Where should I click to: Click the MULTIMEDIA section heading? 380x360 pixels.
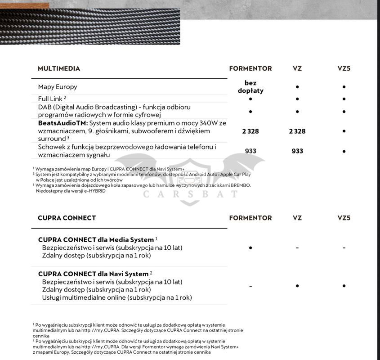point(59,69)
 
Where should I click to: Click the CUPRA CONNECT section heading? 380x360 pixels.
point(67,218)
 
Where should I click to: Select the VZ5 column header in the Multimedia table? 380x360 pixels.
point(344,69)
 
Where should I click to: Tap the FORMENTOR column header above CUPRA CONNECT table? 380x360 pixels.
point(250,218)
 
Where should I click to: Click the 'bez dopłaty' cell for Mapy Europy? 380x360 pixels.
point(250,87)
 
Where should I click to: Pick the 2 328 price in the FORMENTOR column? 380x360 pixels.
point(250,131)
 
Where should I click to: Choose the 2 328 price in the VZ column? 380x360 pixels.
point(297,131)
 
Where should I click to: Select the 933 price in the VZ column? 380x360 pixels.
point(297,151)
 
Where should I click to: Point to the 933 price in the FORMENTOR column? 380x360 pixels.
point(250,151)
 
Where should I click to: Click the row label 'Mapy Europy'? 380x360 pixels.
point(58,87)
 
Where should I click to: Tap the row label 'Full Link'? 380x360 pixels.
point(50,99)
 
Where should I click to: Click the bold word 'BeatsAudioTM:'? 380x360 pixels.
point(63,123)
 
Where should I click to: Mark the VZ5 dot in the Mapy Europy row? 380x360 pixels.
point(344,87)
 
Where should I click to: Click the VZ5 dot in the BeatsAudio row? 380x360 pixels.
point(344,131)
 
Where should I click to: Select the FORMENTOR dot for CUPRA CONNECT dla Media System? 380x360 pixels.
point(250,247)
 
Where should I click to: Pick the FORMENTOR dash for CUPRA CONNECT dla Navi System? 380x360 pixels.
point(250,286)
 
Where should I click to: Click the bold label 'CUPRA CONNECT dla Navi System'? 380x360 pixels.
point(93,274)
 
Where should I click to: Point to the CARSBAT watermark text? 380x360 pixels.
point(191,194)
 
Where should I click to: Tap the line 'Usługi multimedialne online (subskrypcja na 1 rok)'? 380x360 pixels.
point(117,297)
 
